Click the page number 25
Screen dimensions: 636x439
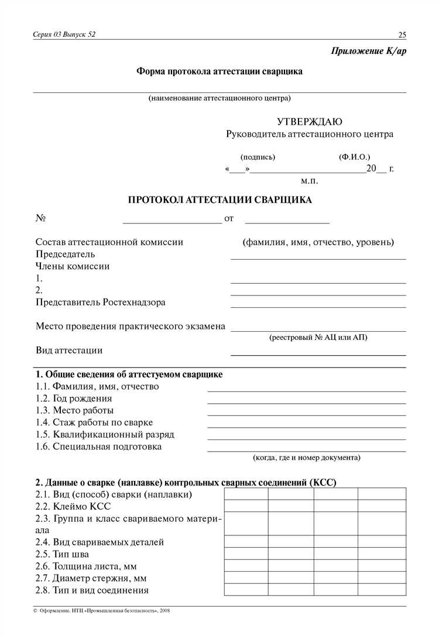(x=402, y=34)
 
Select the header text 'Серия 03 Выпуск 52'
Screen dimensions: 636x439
(x=64, y=34)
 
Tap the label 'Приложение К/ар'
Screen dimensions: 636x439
(x=368, y=51)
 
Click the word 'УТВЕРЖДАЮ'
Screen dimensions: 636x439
(x=310, y=122)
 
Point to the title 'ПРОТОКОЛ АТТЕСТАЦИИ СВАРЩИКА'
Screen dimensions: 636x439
(x=220, y=200)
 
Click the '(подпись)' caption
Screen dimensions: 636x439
(x=258, y=157)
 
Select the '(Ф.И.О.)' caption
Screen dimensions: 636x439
(x=354, y=157)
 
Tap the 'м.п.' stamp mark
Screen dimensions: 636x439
(x=310, y=181)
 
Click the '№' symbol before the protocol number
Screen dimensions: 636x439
(x=41, y=218)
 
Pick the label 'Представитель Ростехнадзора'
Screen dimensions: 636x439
(x=101, y=302)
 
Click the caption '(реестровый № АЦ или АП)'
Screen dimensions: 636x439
(x=318, y=338)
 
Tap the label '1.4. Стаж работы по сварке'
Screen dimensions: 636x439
(x=94, y=422)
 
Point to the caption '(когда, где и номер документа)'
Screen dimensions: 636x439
(x=306, y=457)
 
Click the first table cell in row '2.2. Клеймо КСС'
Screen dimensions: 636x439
(x=246, y=506)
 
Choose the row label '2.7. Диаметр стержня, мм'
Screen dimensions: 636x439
(x=91, y=578)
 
